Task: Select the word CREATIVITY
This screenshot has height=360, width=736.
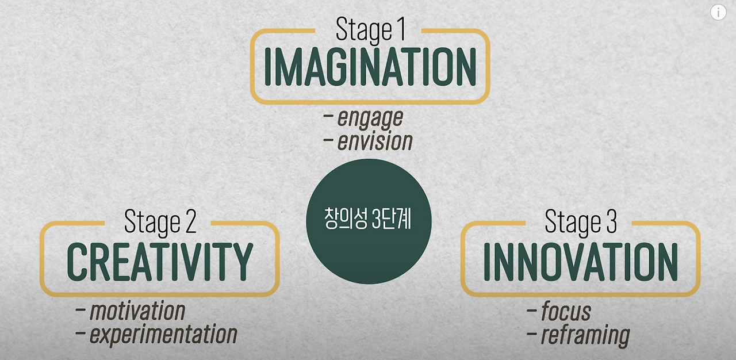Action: tap(160, 262)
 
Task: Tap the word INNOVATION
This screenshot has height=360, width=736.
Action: tap(581, 262)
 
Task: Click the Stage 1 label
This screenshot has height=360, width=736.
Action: tap(370, 30)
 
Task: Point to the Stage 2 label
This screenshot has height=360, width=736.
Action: tap(160, 222)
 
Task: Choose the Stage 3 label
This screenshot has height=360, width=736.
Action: tap(581, 222)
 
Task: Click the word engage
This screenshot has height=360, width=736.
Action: tap(370, 118)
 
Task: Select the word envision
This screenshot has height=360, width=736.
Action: tap(374, 141)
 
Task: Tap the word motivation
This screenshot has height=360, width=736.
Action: tap(137, 311)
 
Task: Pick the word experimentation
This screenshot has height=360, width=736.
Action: tap(163, 334)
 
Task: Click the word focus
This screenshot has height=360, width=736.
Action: tap(566, 312)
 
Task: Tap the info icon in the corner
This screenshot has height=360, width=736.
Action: tap(718, 12)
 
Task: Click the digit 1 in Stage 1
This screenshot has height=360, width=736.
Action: tap(400, 30)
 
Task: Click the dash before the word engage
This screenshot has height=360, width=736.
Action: tap(329, 117)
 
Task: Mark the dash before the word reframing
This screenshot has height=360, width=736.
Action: tap(532, 334)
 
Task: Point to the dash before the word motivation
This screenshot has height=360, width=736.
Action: tap(80, 311)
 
